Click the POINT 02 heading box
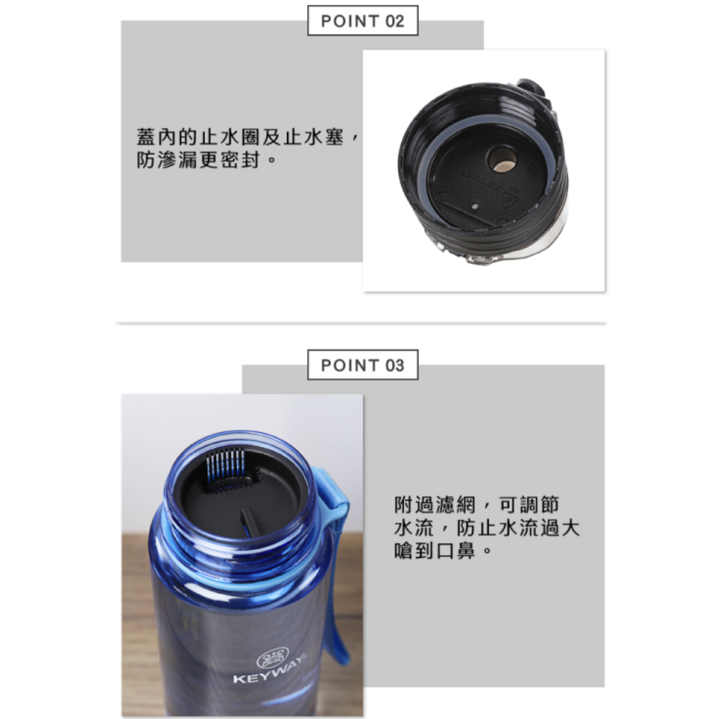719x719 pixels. [x=362, y=21]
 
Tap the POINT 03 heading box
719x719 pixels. [x=362, y=365]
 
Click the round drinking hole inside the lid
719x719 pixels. [x=501, y=159]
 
